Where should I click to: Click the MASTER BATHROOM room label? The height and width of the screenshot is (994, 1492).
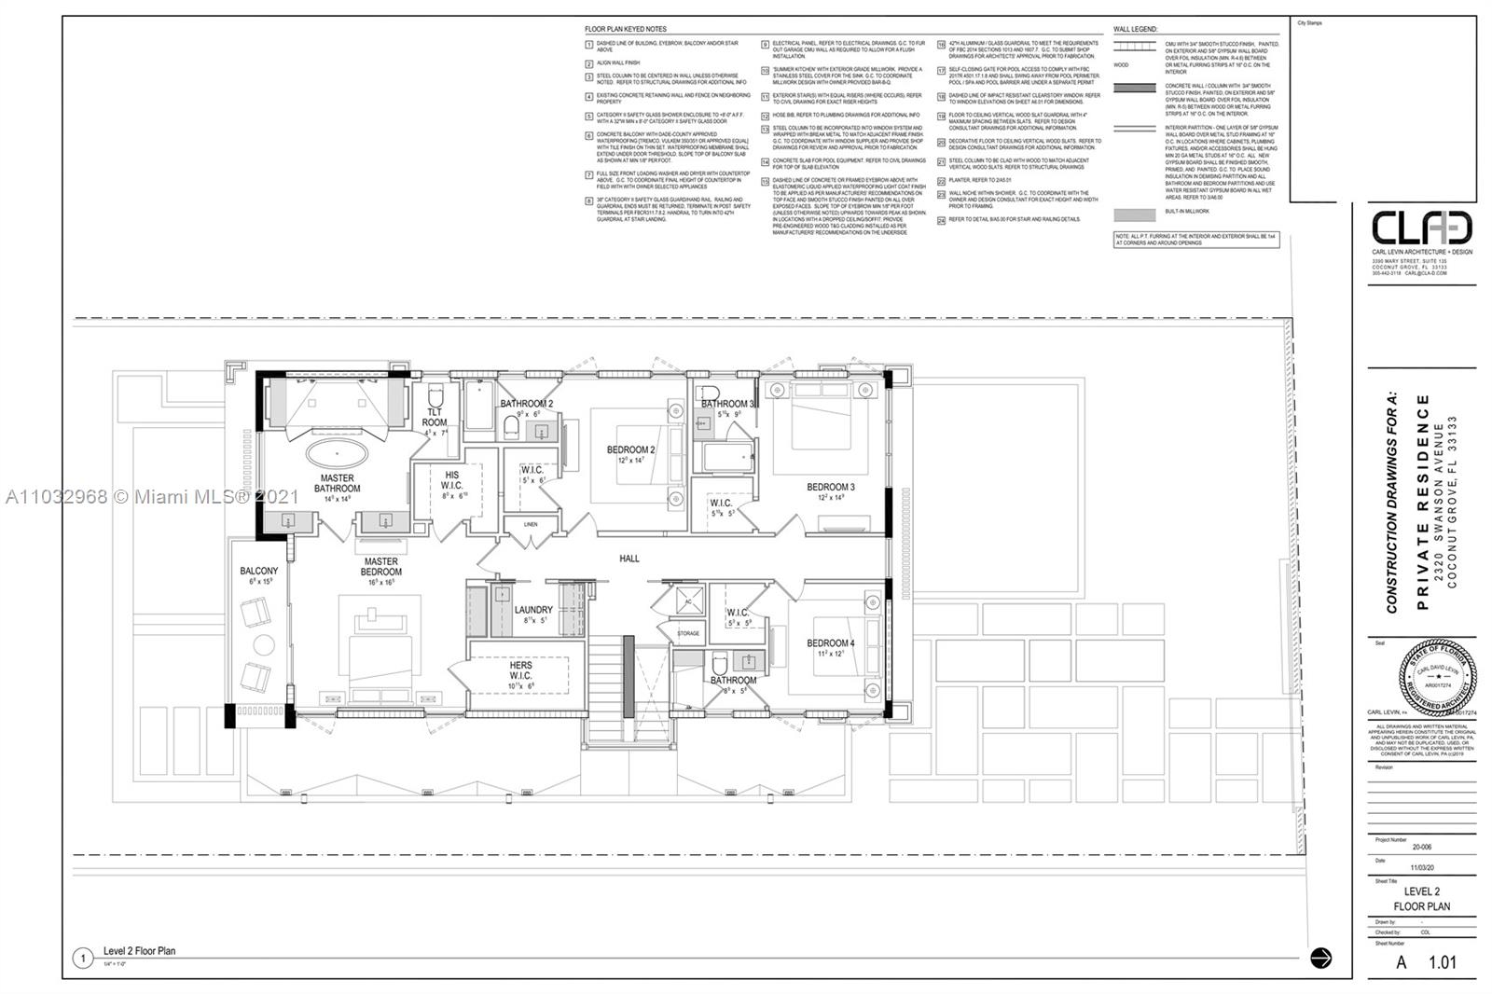[337, 483]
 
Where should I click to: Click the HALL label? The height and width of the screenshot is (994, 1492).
[629, 559]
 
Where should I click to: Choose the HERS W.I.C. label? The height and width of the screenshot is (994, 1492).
[520, 670]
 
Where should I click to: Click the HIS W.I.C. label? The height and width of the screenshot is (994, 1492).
[451, 480]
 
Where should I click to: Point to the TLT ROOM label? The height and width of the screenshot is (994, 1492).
[435, 417]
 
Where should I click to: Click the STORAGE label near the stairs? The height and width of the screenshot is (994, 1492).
[688, 634]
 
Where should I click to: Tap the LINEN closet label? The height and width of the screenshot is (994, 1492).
[530, 525]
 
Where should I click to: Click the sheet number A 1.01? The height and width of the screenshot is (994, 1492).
[1426, 962]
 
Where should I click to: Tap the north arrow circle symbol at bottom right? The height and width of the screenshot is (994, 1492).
[1320, 958]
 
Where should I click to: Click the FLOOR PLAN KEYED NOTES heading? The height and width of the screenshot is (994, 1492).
[626, 30]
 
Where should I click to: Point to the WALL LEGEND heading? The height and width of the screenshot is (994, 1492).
[1135, 30]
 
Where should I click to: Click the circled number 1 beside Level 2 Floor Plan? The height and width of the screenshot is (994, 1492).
[84, 958]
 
